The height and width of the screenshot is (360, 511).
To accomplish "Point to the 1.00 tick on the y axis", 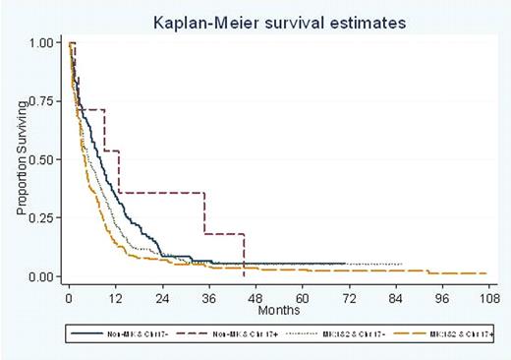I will tap(42, 43).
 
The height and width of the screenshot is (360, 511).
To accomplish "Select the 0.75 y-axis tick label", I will tap(42, 101).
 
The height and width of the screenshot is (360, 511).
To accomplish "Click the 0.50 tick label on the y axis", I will tap(42, 159).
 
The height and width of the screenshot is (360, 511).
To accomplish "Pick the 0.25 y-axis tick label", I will tap(42, 218).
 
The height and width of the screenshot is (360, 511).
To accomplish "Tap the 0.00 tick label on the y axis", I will tap(42, 276).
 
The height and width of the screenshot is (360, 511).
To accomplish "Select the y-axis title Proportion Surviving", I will tap(21, 160).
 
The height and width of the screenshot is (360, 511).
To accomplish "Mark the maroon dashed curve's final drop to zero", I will tap(243, 256).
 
